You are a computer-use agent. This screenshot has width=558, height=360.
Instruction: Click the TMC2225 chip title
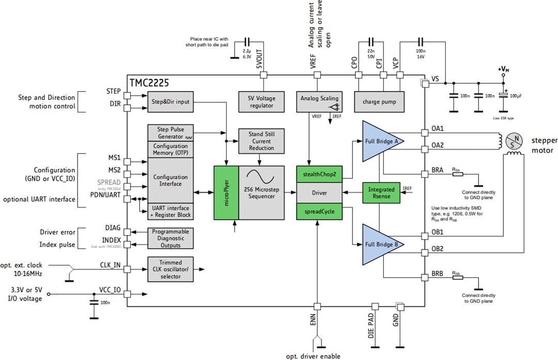(x=149, y=83)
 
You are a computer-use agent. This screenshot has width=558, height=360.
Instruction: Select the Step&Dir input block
(x=169, y=102)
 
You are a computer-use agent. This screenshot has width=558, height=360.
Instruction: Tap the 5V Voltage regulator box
(x=261, y=102)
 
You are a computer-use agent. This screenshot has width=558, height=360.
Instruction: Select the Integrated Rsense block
(x=381, y=192)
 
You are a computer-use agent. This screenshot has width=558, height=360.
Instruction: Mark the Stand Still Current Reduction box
(x=261, y=141)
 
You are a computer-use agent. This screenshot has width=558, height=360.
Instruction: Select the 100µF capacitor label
(x=516, y=97)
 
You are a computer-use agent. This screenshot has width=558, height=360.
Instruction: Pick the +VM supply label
(x=504, y=69)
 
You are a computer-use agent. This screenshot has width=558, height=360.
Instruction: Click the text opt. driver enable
(x=313, y=356)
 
